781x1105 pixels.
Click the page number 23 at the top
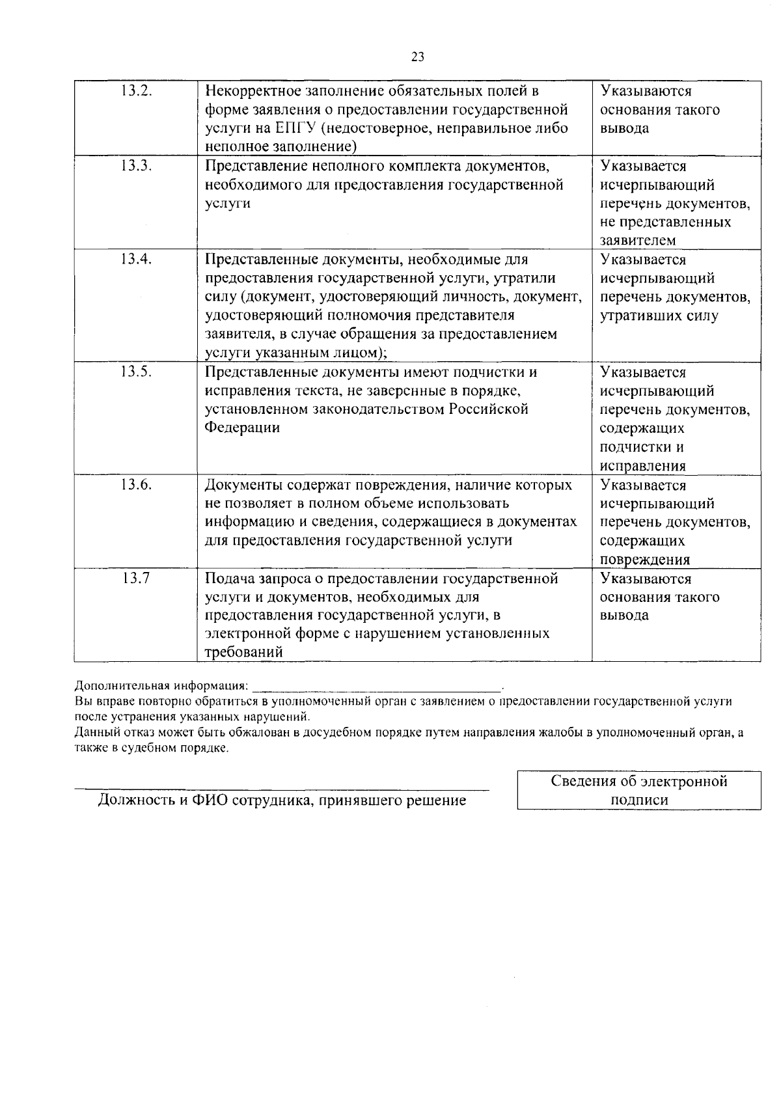[x=418, y=57]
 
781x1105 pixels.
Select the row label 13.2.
[x=136, y=91]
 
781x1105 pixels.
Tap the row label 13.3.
[x=136, y=166]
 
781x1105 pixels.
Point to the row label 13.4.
[x=136, y=260]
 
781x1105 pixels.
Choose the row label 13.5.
[x=136, y=372]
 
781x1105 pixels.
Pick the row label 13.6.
[x=136, y=485]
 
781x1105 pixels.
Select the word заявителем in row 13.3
[x=638, y=241]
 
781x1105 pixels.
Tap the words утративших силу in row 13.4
[x=659, y=316]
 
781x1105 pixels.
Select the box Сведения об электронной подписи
[x=638, y=791]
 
